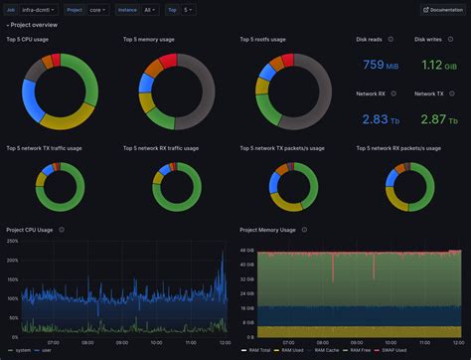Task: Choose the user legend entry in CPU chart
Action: pos(46,351)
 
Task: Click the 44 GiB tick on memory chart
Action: pos(246,252)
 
